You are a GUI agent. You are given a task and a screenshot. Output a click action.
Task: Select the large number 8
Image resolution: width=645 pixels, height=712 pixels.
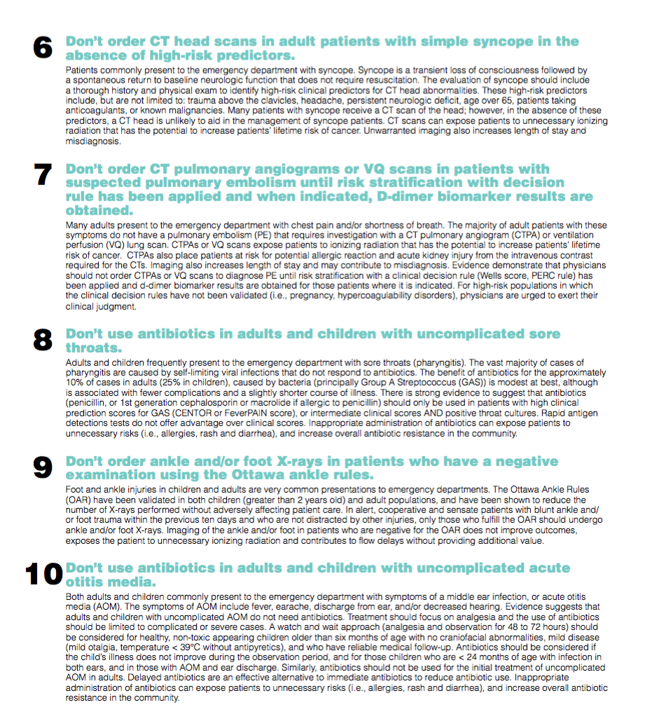42,340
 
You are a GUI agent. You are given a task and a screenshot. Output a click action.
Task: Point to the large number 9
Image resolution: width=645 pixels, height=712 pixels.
42,467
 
